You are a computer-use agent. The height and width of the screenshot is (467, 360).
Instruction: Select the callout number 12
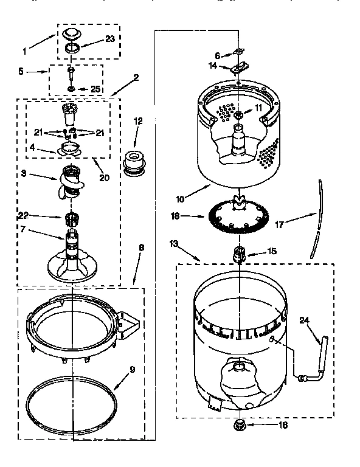coord(137,122)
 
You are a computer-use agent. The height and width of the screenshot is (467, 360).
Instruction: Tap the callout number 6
coord(217,55)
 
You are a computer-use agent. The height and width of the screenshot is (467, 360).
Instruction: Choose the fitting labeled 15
coord(239,251)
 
